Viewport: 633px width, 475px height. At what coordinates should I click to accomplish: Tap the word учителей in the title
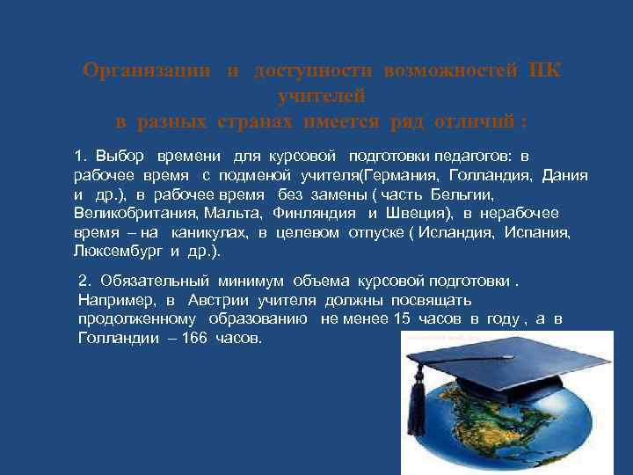click(321, 95)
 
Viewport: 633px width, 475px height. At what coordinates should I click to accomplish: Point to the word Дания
click(566, 175)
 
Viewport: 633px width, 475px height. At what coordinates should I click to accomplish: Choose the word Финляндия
click(315, 213)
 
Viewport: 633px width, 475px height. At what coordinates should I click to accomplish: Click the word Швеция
click(413, 213)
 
